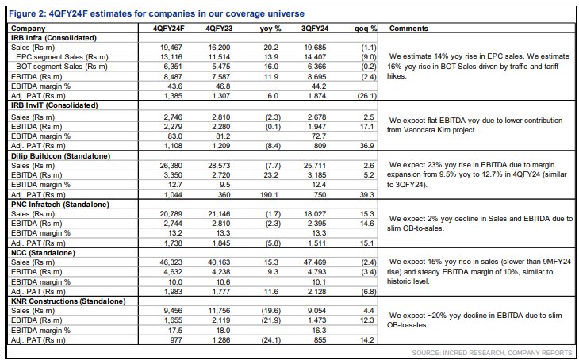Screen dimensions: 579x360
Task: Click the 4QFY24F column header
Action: pos(169,29)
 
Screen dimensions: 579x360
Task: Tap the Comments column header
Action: pos(408,29)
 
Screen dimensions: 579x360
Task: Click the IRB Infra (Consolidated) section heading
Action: pos(54,38)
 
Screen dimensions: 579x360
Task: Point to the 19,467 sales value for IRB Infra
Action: pos(171,48)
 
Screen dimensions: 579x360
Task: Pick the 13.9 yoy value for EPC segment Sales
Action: pos(271,57)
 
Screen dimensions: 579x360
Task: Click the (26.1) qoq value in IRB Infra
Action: pos(366,96)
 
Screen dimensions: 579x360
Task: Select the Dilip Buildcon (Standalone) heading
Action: pos(60,156)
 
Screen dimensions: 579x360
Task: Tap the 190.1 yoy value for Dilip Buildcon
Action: pos(269,194)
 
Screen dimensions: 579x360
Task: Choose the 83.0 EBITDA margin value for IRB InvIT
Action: pos(175,136)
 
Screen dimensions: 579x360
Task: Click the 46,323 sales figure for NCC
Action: pos(171,262)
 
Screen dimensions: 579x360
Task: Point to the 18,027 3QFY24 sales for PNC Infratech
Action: pos(315,214)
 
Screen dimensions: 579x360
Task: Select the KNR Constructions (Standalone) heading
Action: pos(68,301)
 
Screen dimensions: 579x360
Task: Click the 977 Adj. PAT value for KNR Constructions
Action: pos(176,340)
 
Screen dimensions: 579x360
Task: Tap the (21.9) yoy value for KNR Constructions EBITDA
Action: pos(270,320)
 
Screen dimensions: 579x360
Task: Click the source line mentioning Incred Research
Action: pos(492,353)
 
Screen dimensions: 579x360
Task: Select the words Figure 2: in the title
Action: pos(28,14)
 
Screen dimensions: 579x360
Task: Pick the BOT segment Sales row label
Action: pos(62,67)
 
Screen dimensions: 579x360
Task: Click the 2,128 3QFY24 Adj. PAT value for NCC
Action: pos(316,292)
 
